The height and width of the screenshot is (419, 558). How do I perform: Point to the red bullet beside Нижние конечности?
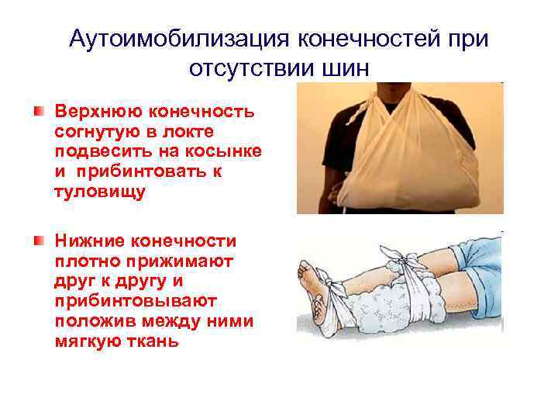[38, 242]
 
